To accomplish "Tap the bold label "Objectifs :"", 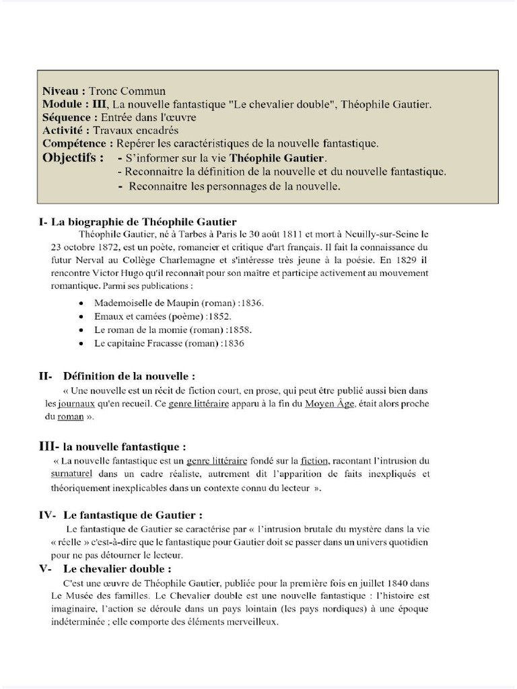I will pyautogui.click(x=73, y=158).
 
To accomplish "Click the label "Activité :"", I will pyautogui.click(x=66, y=131).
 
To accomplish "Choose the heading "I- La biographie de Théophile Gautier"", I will pyautogui.click(x=138, y=221).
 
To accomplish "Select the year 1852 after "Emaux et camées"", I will pyautogui.click(x=219, y=316).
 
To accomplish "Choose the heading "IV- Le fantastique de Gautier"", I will pyautogui.click(x=120, y=515).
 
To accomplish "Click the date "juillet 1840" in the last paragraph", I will pyautogui.click(x=378, y=583).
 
